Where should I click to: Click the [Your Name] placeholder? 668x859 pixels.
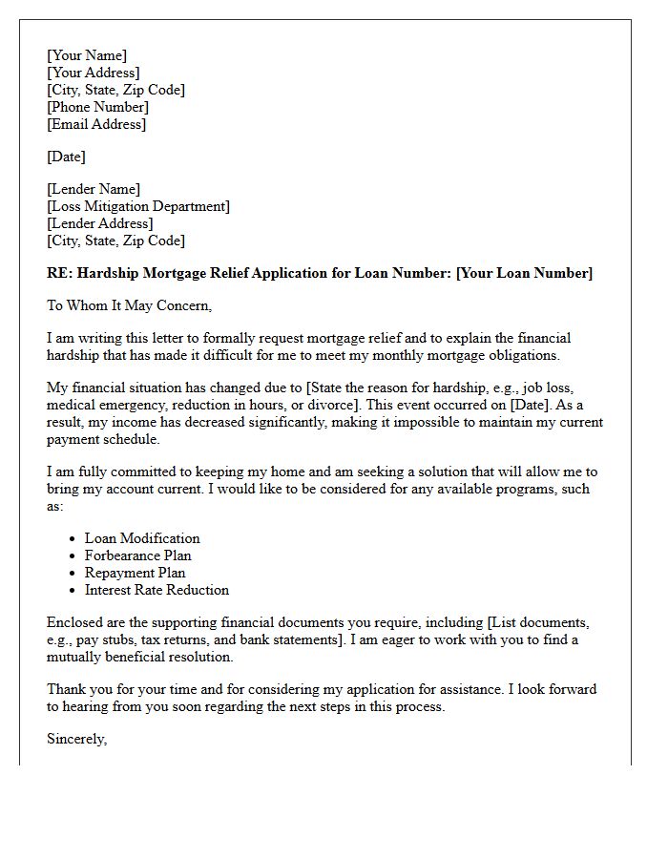(x=87, y=55)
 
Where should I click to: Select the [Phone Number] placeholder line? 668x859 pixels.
(x=97, y=107)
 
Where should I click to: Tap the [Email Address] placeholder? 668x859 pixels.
(x=96, y=124)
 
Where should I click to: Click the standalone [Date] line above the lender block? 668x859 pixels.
(x=66, y=157)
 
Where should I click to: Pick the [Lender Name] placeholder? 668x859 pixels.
(x=94, y=189)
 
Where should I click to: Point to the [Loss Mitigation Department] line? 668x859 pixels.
(x=138, y=206)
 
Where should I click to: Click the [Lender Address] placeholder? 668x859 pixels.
(x=99, y=223)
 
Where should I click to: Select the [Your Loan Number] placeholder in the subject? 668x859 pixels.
(x=524, y=273)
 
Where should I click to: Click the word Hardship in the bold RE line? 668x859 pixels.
(x=109, y=273)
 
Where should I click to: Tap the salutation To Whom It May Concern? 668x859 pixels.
(x=129, y=305)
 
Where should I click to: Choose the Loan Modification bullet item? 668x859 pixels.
(x=142, y=538)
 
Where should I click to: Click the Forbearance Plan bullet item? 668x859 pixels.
(x=137, y=555)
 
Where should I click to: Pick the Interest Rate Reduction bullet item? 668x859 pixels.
(x=157, y=590)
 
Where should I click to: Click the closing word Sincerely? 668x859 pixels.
(x=76, y=739)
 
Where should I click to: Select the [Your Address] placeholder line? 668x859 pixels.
(x=94, y=73)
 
